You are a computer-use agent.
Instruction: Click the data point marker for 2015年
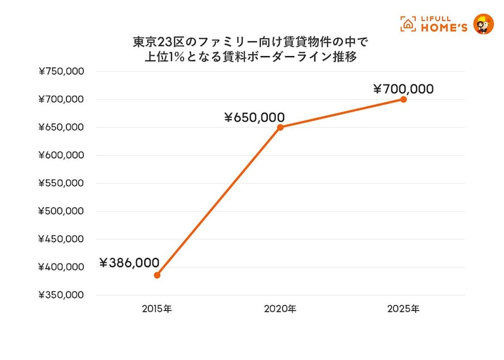pyautogui.click(x=157, y=275)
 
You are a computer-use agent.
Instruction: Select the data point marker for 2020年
pyautogui.click(x=280, y=127)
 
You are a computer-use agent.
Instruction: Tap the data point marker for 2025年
pyautogui.click(x=403, y=100)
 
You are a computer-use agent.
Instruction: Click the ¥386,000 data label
pyautogui.click(x=129, y=263)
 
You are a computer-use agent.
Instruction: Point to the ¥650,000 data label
pyautogui.click(x=254, y=117)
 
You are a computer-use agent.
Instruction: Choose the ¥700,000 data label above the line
pyautogui.click(x=403, y=89)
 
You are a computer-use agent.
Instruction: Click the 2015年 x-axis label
pyautogui.click(x=157, y=309)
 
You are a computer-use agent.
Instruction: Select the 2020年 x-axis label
pyautogui.click(x=280, y=309)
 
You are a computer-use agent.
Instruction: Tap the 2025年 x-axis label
pyautogui.click(x=403, y=309)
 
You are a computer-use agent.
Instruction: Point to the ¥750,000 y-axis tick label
pyautogui.click(x=62, y=72)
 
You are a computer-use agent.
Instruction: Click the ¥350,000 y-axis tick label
pyautogui.click(x=62, y=295)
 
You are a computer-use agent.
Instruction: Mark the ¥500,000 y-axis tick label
pyautogui.click(x=62, y=211)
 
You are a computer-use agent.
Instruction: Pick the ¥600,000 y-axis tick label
pyautogui.click(x=62, y=155)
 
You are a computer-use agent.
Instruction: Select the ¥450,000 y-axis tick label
pyautogui.click(x=62, y=239)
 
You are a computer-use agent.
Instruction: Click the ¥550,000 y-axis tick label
pyautogui.click(x=62, y=183)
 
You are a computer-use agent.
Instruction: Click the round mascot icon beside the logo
pyautogui.click(x=483, y=23)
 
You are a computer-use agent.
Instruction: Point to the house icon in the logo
pyautogui.click(x=408, y=24)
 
